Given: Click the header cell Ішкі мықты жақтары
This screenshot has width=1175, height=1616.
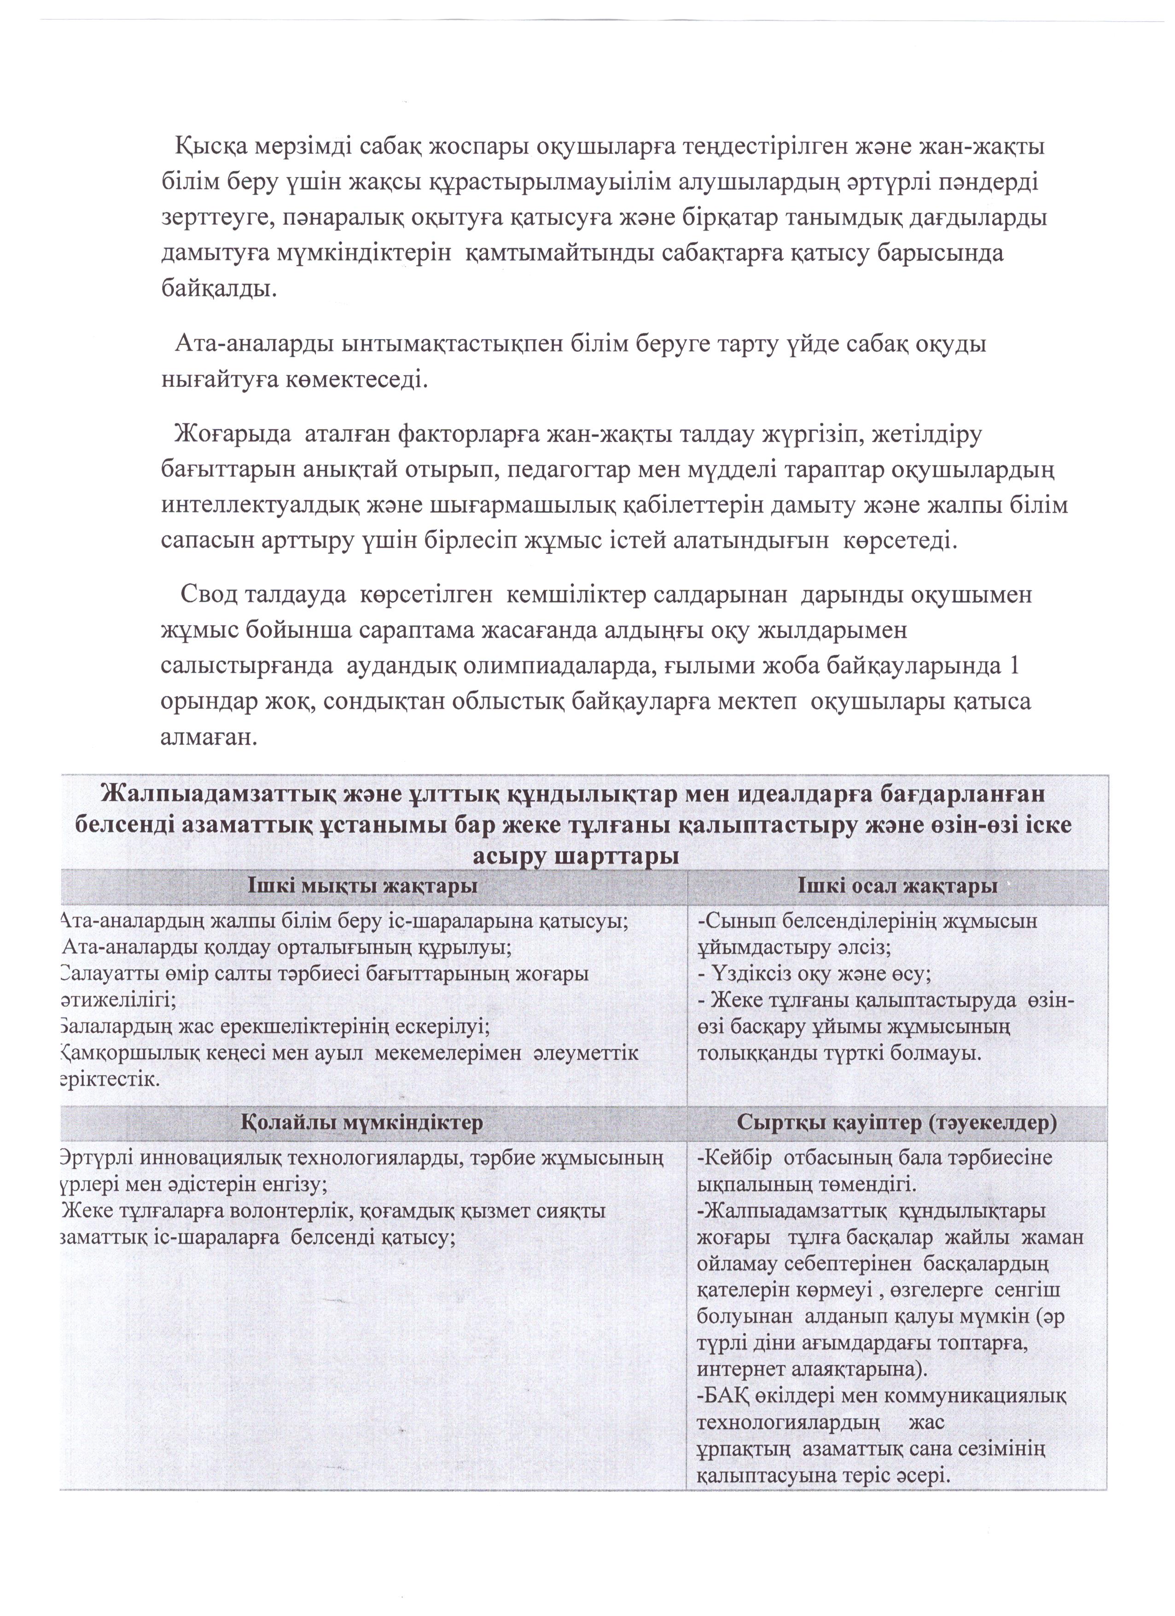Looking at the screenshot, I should (x=362, y=887).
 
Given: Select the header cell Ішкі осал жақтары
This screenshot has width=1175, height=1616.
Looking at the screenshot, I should (x=897, y=887).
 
